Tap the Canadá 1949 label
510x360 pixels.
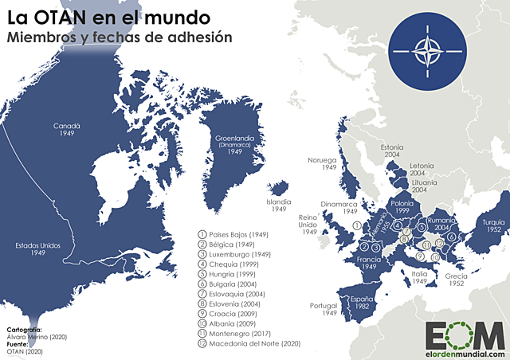66,130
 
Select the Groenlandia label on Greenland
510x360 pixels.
234,143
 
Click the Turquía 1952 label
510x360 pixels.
490,226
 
